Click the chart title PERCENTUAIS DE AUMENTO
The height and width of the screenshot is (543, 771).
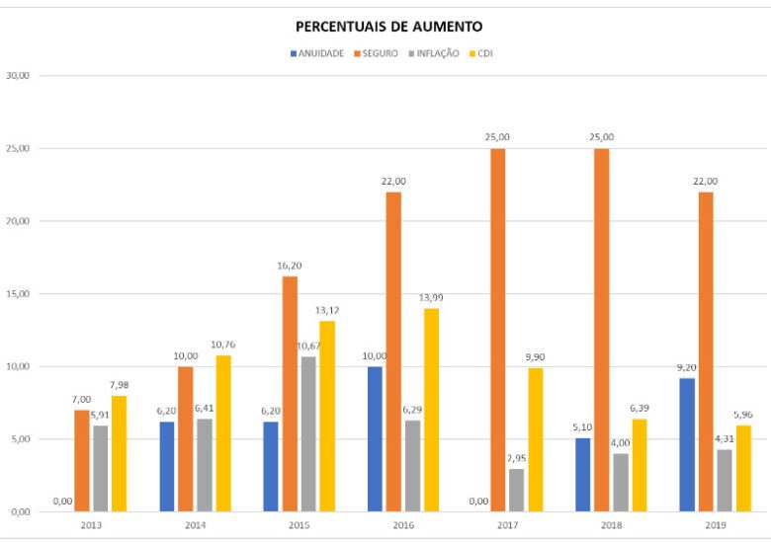pos(389,27)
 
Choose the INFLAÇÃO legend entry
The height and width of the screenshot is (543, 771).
pos(436,53)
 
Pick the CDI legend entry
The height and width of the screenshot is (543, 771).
pos(484,53)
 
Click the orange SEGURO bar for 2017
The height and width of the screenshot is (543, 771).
pos(497,330)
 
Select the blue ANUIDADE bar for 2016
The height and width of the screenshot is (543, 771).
pos(375,438)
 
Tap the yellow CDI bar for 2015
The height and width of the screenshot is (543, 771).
pos(327,416)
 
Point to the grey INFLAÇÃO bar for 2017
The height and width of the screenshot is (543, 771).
pos(516,490)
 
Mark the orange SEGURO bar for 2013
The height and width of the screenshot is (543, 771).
pos(82,460)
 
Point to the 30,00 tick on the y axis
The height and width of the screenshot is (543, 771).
pos(17,75)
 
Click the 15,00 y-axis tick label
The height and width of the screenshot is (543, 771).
pos(17,293)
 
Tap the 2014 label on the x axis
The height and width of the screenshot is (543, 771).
pos(195,526)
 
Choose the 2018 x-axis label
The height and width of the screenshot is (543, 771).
pos(612,526)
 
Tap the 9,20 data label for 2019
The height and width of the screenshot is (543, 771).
pos(686,367)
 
